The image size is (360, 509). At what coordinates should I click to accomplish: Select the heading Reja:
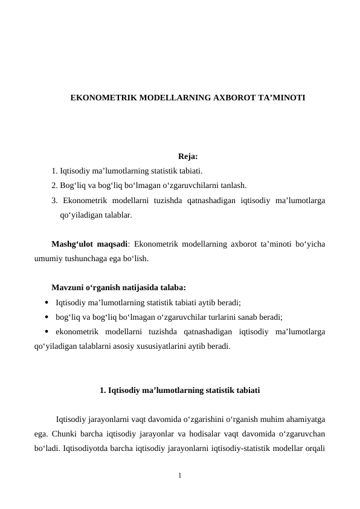point(180,157)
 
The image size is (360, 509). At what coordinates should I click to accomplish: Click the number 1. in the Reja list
point(55,171)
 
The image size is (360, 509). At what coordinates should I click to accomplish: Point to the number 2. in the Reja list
point(55,186)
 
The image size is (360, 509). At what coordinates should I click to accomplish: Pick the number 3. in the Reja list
point(55,200)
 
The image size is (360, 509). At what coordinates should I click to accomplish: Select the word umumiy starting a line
point(48,259)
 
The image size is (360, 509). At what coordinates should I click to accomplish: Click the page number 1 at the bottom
point(180,476)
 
